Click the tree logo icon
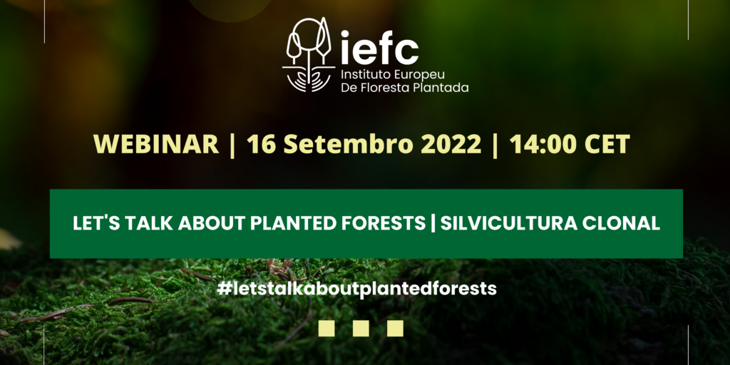pos(308,54)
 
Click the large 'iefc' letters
pos(379,48)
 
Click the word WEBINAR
pos(156,144)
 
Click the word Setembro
pos(348,144)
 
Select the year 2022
pos(451,144)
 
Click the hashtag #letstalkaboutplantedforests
pos(356,289)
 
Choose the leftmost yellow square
pos(327,328)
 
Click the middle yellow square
pos(361,328)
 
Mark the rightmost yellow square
pos(395,328)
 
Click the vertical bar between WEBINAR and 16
pos(233,145)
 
